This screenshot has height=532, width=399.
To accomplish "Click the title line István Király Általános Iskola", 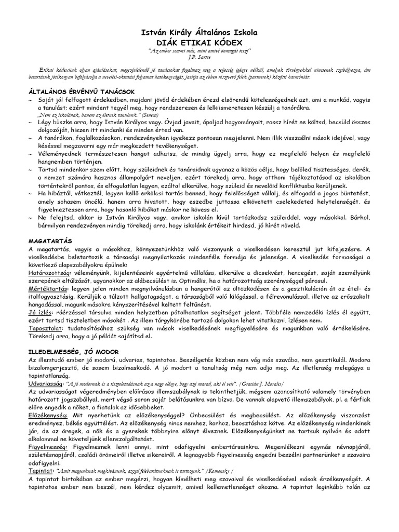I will tap(199, 32).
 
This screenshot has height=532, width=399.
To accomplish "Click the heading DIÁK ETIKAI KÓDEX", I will tap(199, 42).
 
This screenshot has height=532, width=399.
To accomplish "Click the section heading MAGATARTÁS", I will tap(50, 241).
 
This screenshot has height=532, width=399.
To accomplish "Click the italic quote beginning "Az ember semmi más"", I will tap(199, 50).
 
